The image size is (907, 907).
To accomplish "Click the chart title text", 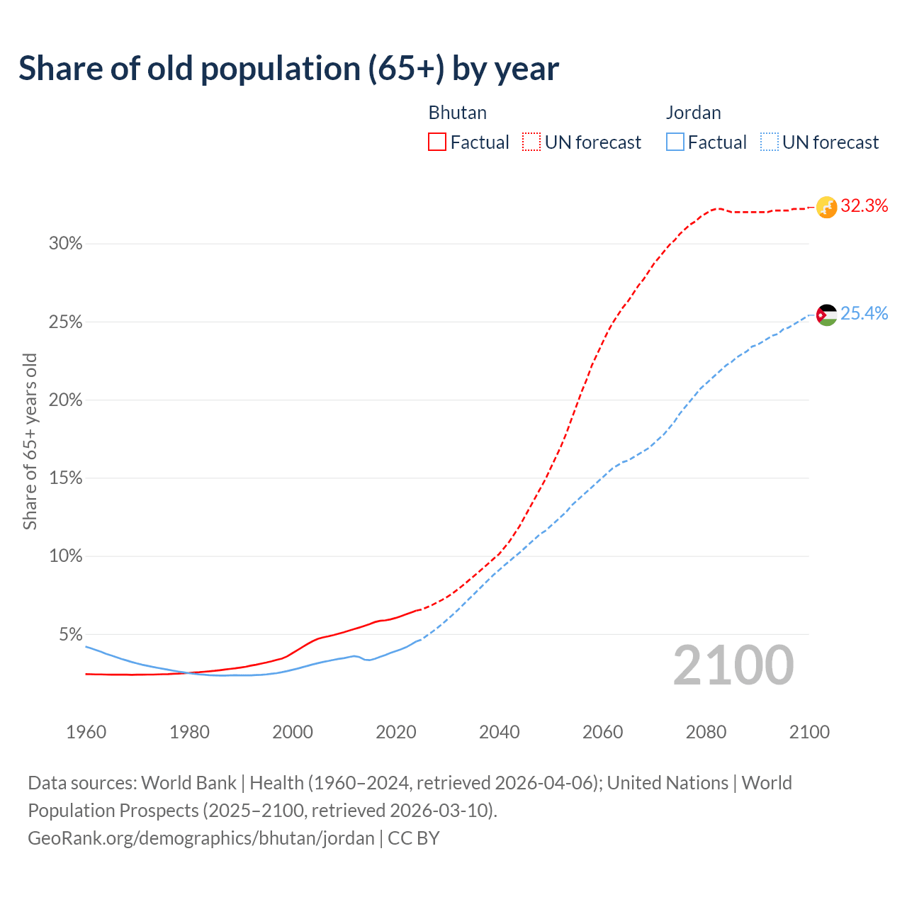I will (288, 69).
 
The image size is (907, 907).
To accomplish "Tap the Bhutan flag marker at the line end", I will (826, 207).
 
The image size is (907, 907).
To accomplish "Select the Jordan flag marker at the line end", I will (826, 314).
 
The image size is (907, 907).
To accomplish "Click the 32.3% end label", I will (864, 206).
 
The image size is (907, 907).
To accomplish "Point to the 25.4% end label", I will (864, 313).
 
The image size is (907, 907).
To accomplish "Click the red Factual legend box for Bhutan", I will (437, 142).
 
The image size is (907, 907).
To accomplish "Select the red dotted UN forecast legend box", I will (531, 142).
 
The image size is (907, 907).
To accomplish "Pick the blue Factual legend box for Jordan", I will (675, 142).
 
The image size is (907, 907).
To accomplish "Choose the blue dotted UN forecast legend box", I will (769, 142).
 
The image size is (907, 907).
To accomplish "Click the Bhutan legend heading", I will (457, 113).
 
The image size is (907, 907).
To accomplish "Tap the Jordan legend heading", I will (693, 113).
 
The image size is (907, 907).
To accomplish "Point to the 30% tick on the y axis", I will (65, 244).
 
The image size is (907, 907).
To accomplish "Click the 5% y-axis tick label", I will (70, 634).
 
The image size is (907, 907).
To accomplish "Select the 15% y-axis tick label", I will (65, 478).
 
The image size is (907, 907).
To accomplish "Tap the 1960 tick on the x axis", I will (86, 731).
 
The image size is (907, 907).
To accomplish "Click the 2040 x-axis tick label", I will (499, 731).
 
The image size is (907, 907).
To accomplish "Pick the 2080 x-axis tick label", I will (706, 731).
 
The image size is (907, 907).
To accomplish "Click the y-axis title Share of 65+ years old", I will (30, 441).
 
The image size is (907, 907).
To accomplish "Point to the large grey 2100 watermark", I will (733, 665).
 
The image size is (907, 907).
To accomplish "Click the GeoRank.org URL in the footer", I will (201, 838).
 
